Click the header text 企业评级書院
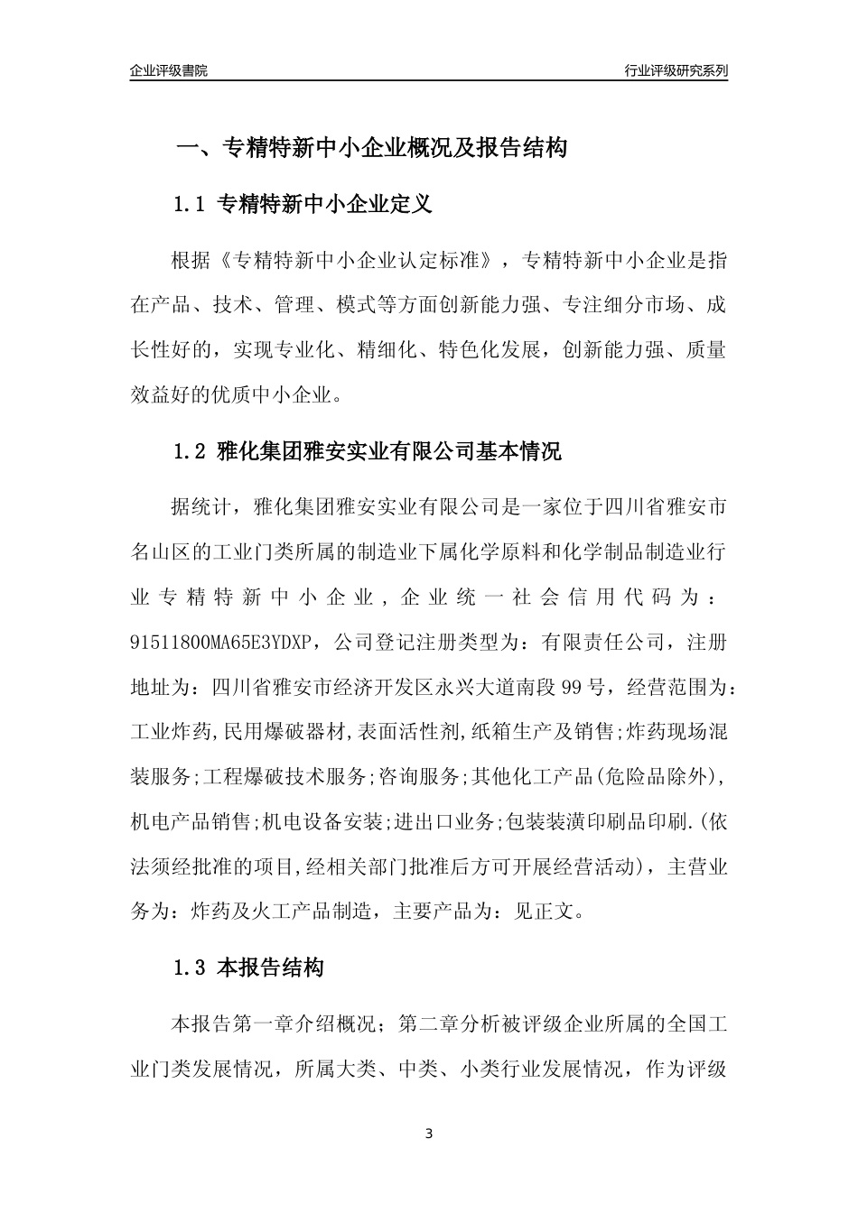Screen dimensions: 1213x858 point(169,70)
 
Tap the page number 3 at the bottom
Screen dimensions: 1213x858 point(429,1133)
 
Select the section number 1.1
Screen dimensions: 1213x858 point(190,205)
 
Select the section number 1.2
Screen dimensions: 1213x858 point(190,451)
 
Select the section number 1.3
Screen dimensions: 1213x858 point(190,969)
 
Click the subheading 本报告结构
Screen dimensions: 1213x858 point(270,969)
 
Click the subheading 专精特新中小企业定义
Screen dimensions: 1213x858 point(325,205)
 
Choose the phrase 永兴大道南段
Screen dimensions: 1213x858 point(495,688)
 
